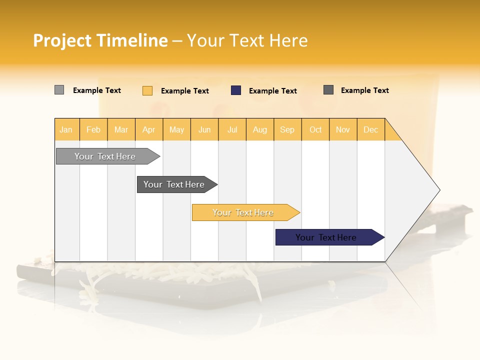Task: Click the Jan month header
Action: (x=66, y=129)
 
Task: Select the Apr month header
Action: (x=149, y=129)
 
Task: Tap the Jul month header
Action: (x=232, y=129)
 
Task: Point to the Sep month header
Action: (x=287, y=129)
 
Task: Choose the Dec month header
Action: (x=370, y=129)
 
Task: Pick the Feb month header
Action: (x=93, y=129)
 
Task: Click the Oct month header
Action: (x=315, y=129)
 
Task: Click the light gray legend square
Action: (x=59, y=90)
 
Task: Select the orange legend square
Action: (x=147, y=90)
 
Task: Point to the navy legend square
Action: (x=236, y=90)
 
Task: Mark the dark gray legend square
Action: (x=328, y=90)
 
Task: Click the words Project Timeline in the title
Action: (x=100, y=40)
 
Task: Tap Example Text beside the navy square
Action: (x=272, y=91)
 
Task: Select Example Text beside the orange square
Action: (x=184, y=91)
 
